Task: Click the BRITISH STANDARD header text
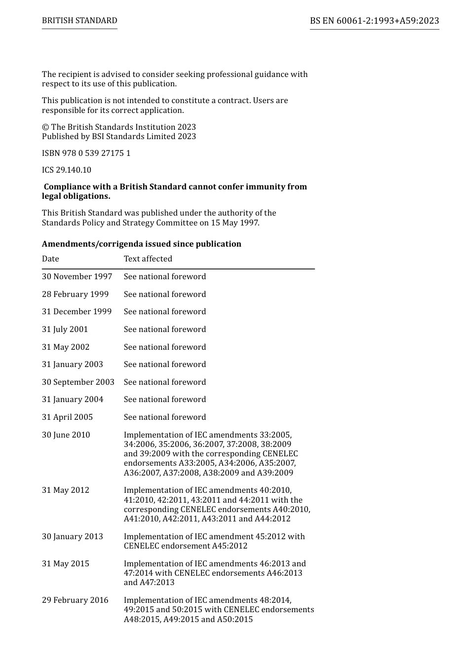[79, 21]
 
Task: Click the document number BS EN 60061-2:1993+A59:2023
[374, 21]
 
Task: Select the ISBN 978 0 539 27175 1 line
[86, 153]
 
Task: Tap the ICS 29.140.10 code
[66, 170]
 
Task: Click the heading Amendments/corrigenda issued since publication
[141, 244]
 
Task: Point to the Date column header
[50, 259]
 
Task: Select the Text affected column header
[148, 259]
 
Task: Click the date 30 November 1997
[77, 277]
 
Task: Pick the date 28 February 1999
[75, 295]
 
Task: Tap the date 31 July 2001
[65, 330]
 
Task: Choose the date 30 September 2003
[78, 382]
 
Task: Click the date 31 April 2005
[67, 417]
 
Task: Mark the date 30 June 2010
[66, 435]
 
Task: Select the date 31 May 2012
[65, 490]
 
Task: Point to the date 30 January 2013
[72, 537]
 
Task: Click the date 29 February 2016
[75, 600]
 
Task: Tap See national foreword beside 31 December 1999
[164, 312]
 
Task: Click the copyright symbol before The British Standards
[45, 127]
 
